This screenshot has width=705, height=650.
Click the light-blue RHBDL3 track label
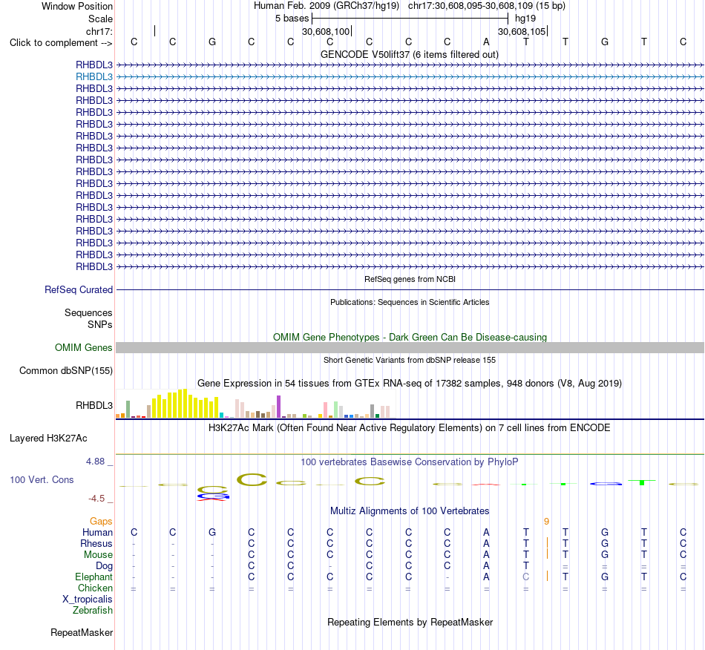94,77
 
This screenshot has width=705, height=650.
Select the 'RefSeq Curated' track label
79,290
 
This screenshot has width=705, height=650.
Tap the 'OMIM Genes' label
84,347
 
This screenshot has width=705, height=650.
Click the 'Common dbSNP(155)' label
66,371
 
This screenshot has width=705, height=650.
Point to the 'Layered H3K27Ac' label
48,439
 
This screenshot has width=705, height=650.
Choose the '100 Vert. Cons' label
42,479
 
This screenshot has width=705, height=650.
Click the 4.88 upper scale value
95,462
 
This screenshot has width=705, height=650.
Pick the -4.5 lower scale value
96,499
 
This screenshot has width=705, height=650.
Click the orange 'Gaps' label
101,521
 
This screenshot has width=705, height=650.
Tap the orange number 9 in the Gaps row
546,522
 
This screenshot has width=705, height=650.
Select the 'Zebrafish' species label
93,611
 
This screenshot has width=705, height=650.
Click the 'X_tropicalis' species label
88,600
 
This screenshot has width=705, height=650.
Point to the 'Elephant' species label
94,577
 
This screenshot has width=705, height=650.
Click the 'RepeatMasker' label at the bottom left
82,633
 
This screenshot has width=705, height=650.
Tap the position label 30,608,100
326,31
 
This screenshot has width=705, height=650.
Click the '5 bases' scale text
292,19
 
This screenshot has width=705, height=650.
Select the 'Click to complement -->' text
61,43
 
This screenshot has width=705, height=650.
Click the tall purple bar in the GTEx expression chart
279,407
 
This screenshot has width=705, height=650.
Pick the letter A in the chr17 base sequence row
486,42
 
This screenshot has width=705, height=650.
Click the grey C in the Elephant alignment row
526,577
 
